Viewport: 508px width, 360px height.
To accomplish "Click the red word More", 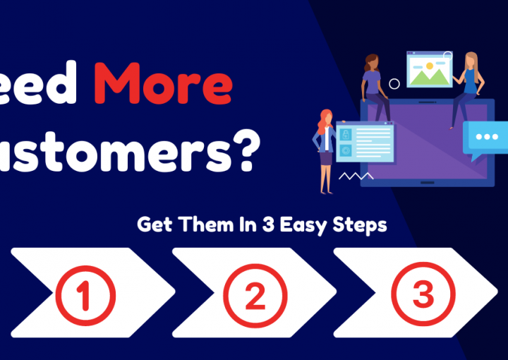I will click(163, 84).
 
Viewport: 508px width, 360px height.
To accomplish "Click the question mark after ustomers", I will click(241, 150).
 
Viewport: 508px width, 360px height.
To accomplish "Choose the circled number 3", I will click(423, 295).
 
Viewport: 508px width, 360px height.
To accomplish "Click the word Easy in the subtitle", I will click(310, 225).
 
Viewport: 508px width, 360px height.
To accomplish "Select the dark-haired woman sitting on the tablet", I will click(375, 85).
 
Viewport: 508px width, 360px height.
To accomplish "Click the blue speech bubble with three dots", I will click(487, 137).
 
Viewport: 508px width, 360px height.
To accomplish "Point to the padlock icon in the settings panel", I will click(346, 134).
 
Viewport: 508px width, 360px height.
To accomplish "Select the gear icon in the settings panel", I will click(346, 150).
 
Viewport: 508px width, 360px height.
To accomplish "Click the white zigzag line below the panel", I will click(356, 175).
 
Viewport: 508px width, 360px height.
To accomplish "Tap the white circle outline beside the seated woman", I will click(394, 84).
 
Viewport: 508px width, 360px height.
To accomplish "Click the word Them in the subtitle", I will click(211, 225).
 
